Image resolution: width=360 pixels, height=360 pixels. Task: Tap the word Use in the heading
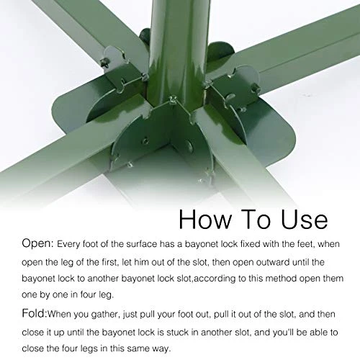click(300, 219)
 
